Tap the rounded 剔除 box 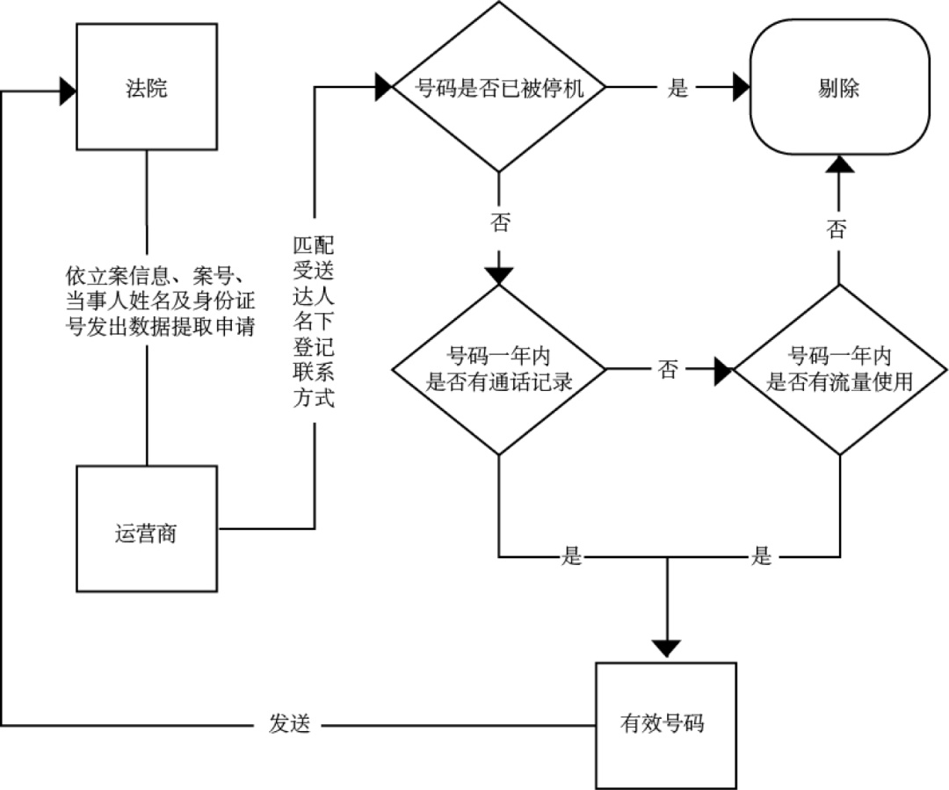click(x=838, y=89)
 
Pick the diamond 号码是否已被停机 click(x=499, y=88)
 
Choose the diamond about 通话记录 click(x=499, y=370)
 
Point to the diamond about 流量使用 click(x=839, y=370)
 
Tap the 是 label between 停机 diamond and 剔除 click(x=677, y=88)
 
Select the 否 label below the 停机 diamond click(x=499, y=223)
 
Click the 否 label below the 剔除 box click(x=837, y=229)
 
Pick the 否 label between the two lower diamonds click(x=668, y=370)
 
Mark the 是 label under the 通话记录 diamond click(x=572, y=557)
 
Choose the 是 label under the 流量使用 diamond click(x=761, y=557)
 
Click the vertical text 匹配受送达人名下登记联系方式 click(x=314, y=320)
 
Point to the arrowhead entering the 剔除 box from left click(x=740, y=88)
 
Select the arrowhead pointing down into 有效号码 click(x=667, y=649)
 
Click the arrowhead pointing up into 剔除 click(x=839, y=163)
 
